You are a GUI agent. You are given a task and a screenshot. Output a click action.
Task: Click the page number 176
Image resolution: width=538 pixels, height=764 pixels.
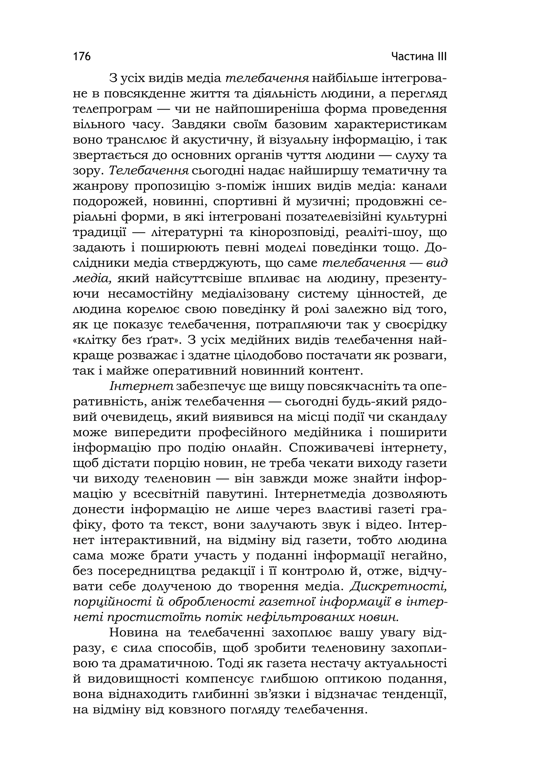coord(82,57)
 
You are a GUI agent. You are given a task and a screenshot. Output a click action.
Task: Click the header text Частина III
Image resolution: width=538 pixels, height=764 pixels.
coord(419,57)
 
